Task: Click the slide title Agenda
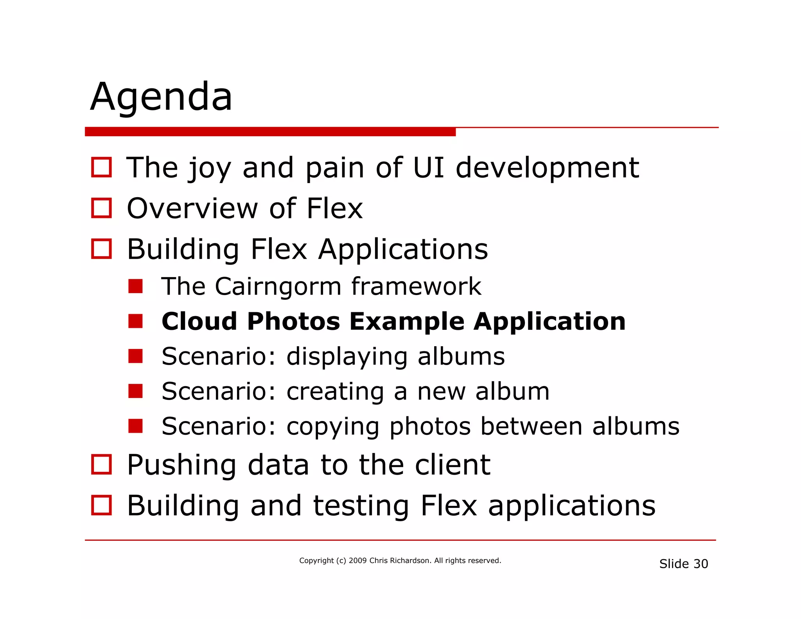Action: [x=161, y=97]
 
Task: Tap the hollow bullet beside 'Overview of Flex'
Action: [x=101, y=208]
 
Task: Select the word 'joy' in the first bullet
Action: [x=210, y=169]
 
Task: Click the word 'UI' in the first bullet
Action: [x=429, y=167]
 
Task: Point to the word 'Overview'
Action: [x=192, y=208]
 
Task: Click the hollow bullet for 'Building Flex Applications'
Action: [x=101, y=249]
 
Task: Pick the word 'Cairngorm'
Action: [x=278, y=286]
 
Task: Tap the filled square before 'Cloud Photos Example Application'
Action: [x=135, y=321]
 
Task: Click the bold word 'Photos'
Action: [x=293, y=322]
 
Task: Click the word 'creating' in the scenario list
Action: [x=335, y=392]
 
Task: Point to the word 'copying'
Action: [x=333, y=427]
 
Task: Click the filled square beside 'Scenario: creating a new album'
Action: [x=135, y=391]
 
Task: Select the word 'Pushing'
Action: [x=181, y=465]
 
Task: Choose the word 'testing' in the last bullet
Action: [x=361, y=506]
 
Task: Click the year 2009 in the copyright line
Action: [x=357, y=561]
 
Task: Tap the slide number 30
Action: [x=700, y=564]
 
